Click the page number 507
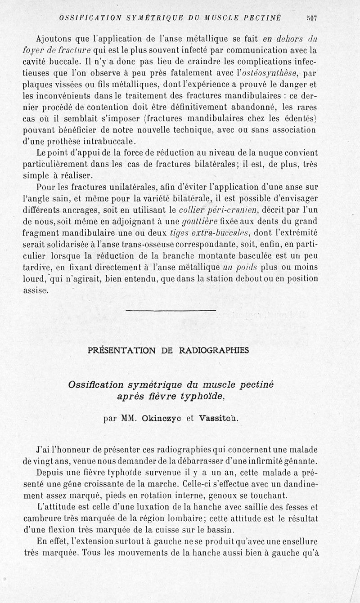point(311,18)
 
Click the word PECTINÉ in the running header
point(262,18)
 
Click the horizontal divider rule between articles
point(171,310)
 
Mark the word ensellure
point(297,541)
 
